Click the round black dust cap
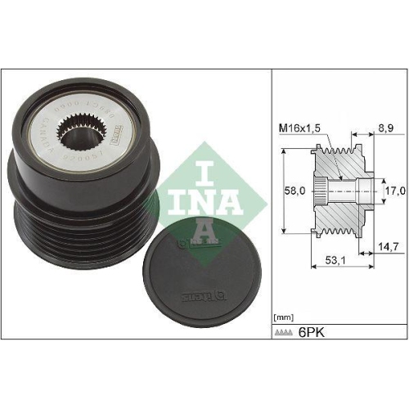[195, 270]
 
